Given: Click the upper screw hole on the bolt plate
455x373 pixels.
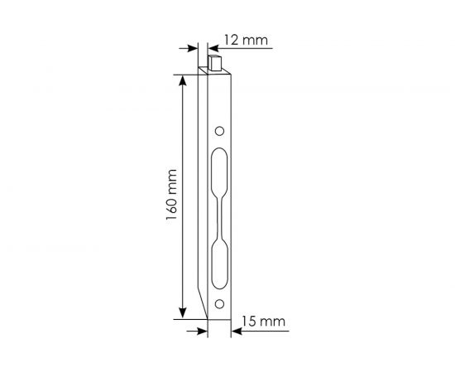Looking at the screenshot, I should tap(219, 131).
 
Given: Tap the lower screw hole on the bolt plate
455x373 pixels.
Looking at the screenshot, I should tap(219, 303).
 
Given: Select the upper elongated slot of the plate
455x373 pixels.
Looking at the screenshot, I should tap(218, 173).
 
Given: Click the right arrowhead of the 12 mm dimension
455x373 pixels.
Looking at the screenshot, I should tap(211, 47).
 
